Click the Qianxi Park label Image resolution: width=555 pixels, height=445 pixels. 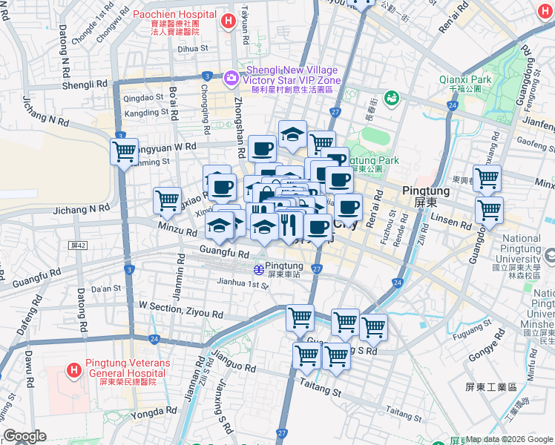point(465,79)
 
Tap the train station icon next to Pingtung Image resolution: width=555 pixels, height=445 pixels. point(257,268)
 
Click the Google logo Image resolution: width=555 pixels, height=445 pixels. point(24,436)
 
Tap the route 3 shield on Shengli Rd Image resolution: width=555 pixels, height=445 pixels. point(206,76)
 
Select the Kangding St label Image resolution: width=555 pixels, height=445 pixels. point(146,113)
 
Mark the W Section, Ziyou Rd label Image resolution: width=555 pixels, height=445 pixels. point(180,309)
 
